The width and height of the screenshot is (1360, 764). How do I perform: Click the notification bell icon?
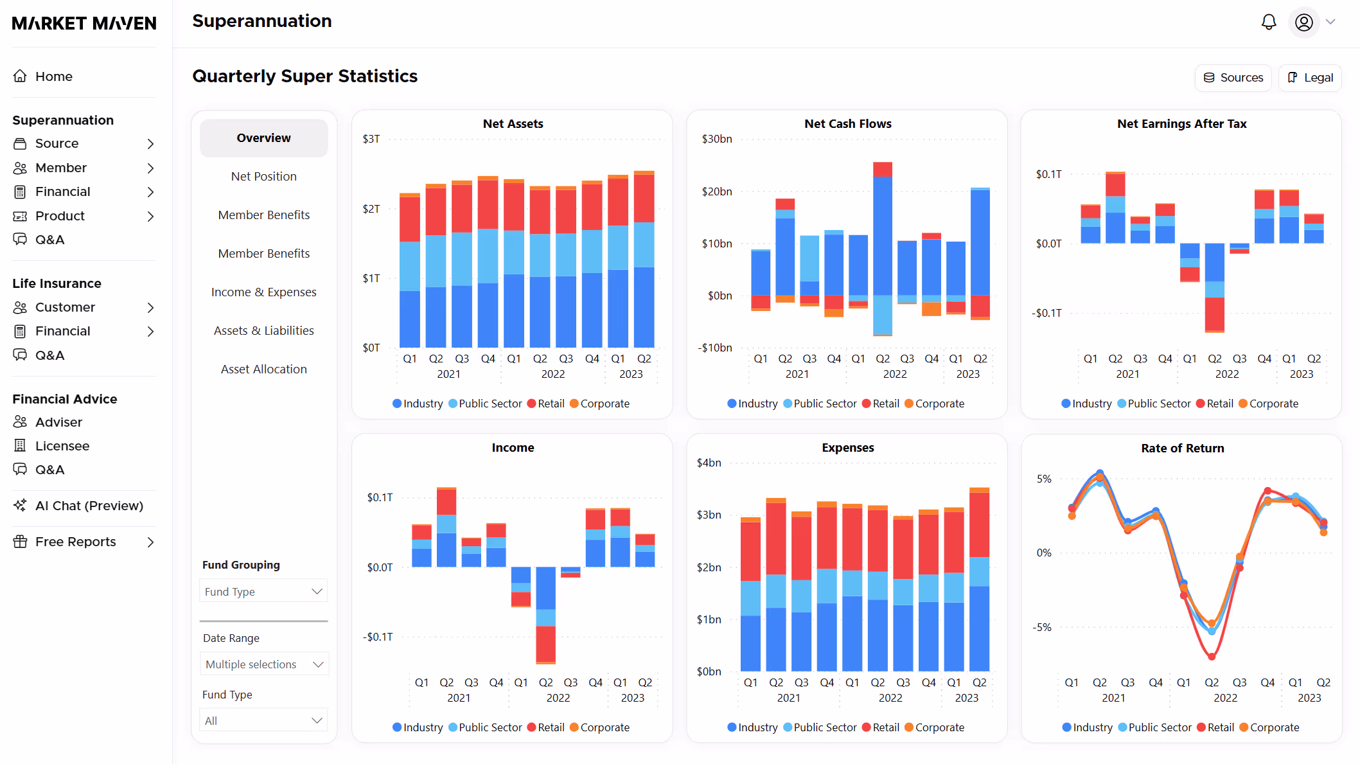(x=1268, y=22)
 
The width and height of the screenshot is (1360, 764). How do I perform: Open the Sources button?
(x=1233, y=78)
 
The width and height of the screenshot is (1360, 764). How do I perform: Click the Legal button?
(x=1310, y=78)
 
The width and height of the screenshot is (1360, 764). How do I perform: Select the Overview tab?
(x=263, y=138)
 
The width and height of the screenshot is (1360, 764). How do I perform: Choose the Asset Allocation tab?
(x=263, y=369)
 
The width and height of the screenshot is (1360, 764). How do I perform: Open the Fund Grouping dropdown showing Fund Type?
(x=263, y=591)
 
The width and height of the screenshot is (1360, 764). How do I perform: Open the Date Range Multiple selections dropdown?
(x=263, y=664)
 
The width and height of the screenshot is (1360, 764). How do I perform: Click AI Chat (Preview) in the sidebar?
(x=89, y=506)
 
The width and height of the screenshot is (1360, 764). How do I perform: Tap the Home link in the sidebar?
(x=53, y=76)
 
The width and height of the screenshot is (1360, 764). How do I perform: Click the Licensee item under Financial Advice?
(x=62, y=446)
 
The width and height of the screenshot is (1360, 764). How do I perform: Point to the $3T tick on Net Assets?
(x=371, y=139)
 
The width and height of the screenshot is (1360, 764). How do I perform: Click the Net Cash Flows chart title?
(x=847, y=124)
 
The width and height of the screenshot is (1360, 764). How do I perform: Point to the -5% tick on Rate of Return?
(x=1043, y=627)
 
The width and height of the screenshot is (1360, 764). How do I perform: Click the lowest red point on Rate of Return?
(x=1212, y=657)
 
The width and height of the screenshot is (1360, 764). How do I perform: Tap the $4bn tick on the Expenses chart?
(x=709, y=463)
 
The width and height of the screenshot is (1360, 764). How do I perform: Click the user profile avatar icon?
(x=1303, y=22)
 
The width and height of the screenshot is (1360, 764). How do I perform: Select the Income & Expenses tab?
(x=263, y=292)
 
